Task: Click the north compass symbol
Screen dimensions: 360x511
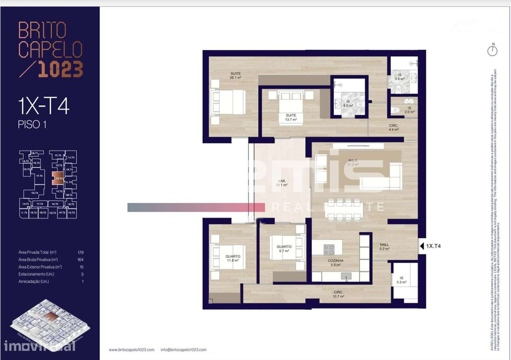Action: pos(493,50)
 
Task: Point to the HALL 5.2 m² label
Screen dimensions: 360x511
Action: pos(384,247)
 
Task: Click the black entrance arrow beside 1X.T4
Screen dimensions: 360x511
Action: pos(422,246)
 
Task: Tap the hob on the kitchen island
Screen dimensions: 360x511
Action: pos(329,250)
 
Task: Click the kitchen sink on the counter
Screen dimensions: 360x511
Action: pos(346,276)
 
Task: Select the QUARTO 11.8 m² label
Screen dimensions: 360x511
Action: pos(232,258)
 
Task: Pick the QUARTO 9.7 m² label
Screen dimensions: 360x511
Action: pos(284,249)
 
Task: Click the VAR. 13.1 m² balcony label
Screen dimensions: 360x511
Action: pos(281,182)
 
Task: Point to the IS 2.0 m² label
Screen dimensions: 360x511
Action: pos(410,110)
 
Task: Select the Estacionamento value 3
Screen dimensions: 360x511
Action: pos(82,274)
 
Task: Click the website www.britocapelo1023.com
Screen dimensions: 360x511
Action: pos(131,350)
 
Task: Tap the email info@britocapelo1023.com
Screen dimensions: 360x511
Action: pos(183,350)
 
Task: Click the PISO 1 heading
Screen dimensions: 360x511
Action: pos(32,125)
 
